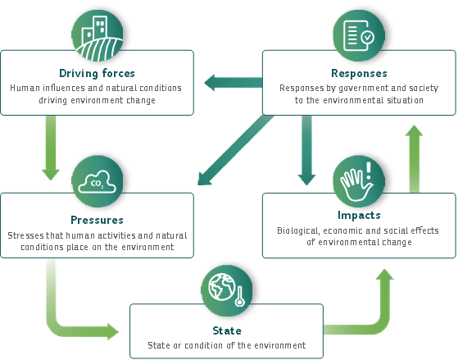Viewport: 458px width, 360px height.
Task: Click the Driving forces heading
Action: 97,73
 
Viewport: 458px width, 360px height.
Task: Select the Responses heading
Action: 359,73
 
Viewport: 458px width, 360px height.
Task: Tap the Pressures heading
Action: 97,220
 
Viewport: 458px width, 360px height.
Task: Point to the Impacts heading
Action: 359,215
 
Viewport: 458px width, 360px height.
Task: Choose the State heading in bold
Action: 227,330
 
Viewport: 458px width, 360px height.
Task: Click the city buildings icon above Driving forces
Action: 97,35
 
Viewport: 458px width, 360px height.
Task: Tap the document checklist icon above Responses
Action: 359,35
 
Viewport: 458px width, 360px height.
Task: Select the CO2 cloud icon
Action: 97,181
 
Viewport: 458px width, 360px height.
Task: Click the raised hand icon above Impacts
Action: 359,181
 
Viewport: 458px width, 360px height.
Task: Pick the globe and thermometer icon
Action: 227,290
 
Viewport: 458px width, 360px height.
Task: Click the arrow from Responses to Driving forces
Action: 233,83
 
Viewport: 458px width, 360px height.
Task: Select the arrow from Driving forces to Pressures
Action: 51,148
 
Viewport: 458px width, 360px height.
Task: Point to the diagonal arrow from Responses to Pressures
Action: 235,150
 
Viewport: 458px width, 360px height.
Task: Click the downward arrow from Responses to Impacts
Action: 306,150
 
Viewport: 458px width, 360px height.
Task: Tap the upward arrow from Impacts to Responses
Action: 415,158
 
